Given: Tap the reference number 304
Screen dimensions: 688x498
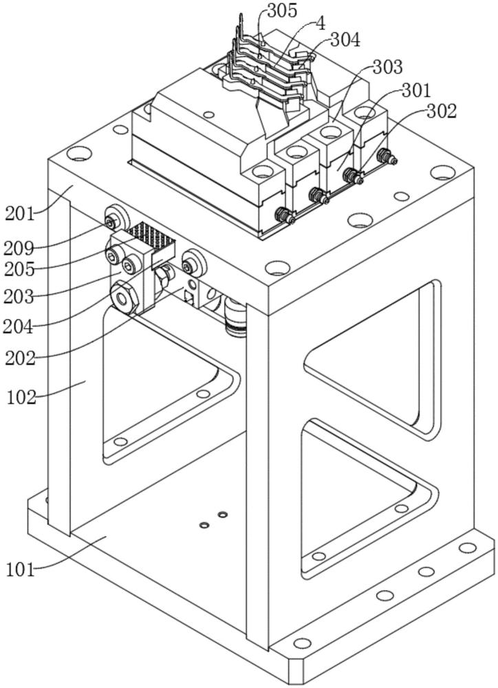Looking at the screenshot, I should [345, 41].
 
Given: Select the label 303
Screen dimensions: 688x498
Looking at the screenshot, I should [388, 67].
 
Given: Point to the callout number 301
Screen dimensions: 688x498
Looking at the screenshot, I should [417, 89].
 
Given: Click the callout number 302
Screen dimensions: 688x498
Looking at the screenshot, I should [442, 111].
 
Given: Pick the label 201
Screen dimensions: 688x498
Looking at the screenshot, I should [20, 213].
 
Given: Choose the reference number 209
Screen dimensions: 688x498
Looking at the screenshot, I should [21, 246].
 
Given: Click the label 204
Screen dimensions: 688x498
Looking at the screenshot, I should [21, 326].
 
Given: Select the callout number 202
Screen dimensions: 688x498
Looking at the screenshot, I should [21, 358].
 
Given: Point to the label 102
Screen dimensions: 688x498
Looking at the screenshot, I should [22, 397].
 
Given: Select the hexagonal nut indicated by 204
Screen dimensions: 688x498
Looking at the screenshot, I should [123, 299].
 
